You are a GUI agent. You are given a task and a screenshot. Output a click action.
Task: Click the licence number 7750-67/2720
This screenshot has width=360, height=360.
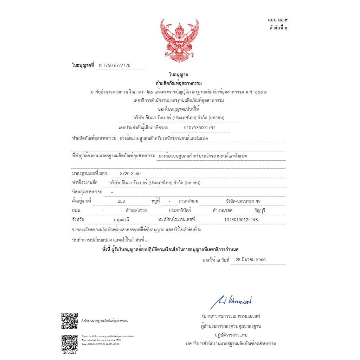(117, 66)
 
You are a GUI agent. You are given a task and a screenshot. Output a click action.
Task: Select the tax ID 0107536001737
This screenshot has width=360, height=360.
(200, 128)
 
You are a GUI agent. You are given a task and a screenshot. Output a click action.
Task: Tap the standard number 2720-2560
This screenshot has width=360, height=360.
(130, 174)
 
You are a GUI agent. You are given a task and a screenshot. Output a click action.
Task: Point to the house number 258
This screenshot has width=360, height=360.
(121, 201)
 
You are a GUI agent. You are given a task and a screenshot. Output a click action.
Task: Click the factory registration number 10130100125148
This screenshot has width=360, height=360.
(241, 220)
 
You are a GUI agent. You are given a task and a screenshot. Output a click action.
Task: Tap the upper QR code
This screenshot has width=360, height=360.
(70, 320)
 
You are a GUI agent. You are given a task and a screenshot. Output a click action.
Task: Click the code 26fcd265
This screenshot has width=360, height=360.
(70, 353)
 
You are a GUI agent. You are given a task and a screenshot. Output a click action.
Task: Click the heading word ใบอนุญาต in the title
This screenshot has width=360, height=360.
(179, 75)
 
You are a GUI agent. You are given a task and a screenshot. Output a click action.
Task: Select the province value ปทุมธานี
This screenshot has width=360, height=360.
(122, 220)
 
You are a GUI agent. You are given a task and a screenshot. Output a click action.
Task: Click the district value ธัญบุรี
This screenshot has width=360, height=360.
(259, 211)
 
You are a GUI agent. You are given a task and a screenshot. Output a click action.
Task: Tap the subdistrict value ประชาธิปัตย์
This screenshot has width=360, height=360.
(179, 211)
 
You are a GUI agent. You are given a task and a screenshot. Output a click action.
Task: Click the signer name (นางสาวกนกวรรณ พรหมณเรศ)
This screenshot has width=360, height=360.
(231, 316)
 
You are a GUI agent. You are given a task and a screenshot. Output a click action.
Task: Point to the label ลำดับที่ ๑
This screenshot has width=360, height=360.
(278, 28)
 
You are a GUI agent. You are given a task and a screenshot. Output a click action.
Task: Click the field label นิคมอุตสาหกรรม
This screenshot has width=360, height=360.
(87, 192)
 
